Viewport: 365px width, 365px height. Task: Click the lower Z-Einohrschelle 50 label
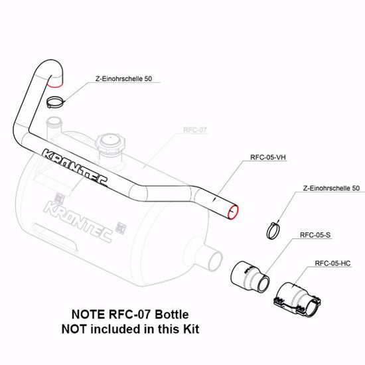[330, 188]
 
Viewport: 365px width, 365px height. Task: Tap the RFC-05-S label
[315, 235]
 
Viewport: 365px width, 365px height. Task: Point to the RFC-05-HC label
[332, 262]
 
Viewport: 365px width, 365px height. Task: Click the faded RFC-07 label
[195, 131]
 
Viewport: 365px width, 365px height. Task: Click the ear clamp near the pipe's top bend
[56, 102]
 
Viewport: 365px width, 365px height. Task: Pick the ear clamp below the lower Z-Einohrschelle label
[273, 230]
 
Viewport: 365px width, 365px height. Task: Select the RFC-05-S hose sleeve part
[250, 278]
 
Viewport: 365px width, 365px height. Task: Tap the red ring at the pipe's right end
[232, 211]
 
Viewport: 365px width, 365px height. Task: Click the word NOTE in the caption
[86, 314]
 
